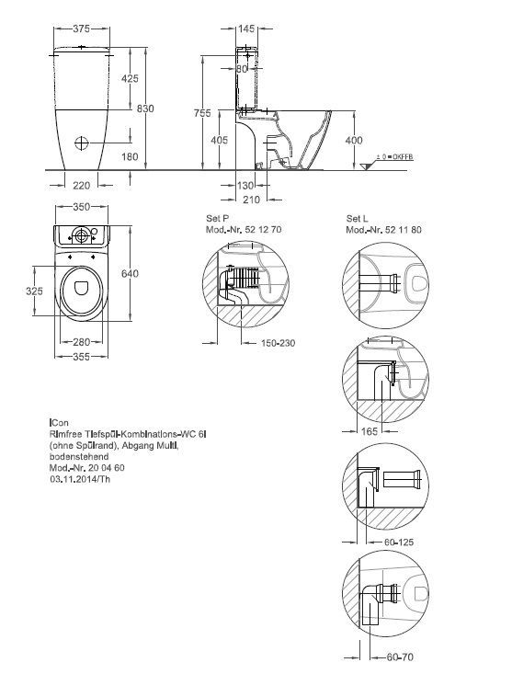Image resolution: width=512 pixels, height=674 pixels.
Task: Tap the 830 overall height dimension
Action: (145, 109)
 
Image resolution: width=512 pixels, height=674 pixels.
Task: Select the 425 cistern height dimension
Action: (130, 80)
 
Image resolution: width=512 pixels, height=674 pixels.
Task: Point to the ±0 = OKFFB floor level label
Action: (394, 159)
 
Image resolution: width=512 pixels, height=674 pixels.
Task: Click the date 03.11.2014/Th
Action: (79, 478)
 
